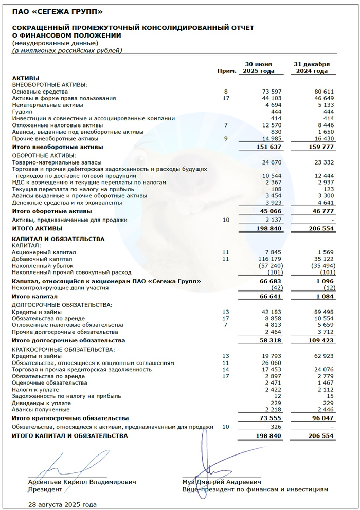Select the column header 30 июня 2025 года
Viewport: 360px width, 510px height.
click(x=256, y=67)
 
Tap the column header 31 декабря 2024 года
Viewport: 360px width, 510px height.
click(x=312, y=67)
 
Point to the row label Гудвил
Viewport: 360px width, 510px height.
click(x=23, y=112)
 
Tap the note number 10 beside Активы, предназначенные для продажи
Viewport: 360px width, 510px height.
click(x=225, y=220)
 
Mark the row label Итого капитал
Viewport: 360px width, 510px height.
click(x=34, y=297)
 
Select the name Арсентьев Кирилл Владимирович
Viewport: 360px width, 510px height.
click(x=82, y=482)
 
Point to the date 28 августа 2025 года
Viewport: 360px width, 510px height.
click(x=62, y=504)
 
